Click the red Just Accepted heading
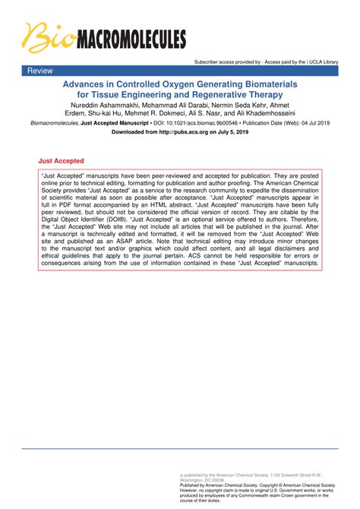click(61, 161)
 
